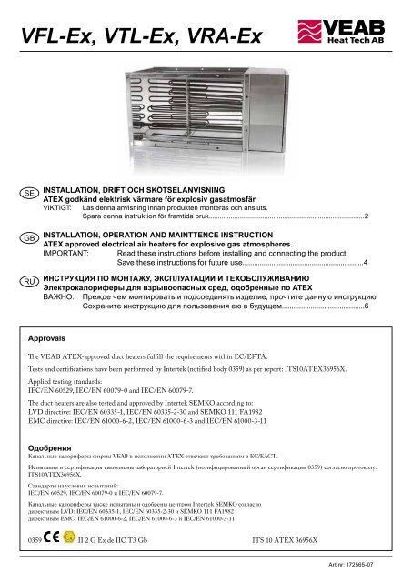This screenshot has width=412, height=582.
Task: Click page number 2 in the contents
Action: coord(367,216)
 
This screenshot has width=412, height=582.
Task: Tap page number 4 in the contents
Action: coord(367,262)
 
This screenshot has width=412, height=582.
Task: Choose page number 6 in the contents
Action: coord(367,308)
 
